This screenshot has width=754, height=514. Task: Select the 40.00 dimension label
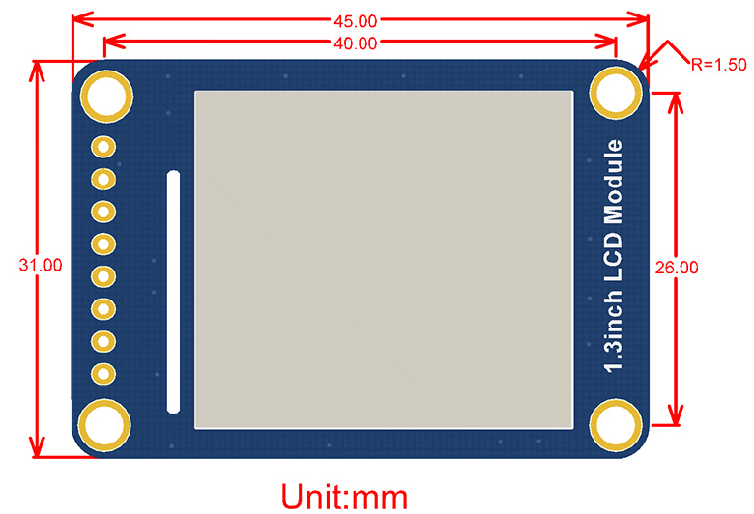pyautogui.click(x=357, y=43)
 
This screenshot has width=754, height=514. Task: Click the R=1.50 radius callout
pyautogui.click(x=719, y=65)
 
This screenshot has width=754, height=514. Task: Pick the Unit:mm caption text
pyautogui.click(x=343, y=496)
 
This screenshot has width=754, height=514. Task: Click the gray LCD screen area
pyautogui.click(x=385, y=260)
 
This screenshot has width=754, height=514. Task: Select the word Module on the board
pyautogui.click(x=614, y=184)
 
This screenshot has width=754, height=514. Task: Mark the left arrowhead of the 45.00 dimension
pyautogui.click(x=76, y=18)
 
